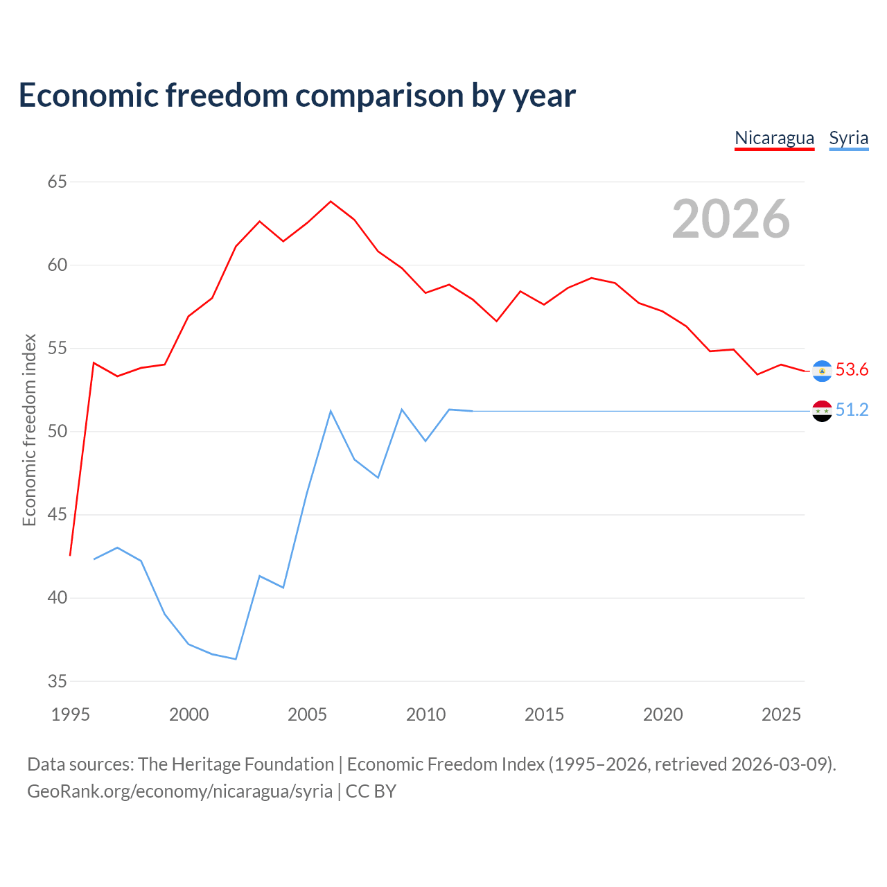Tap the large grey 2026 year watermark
tap(731, 219)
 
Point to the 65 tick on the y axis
tap(57, 182)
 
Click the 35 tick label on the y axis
tap(57, 681)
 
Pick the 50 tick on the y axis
tap(57, 431)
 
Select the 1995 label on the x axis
tap(71, 714)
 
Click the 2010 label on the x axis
tap(425, 714)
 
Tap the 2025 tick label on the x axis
tap(781, 714)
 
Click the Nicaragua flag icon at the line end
tap(822, 371)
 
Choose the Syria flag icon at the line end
tap(822, 411)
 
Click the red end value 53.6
tap(852, 369)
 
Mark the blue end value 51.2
tap(852, 410)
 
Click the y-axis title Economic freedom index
tap(30, 430)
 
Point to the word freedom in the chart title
tap(227, 95)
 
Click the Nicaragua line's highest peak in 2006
tap(331, 201)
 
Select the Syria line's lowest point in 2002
tap(236, 659)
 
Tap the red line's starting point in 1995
tap(70, 555)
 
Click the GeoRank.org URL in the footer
tap(180, 791)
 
